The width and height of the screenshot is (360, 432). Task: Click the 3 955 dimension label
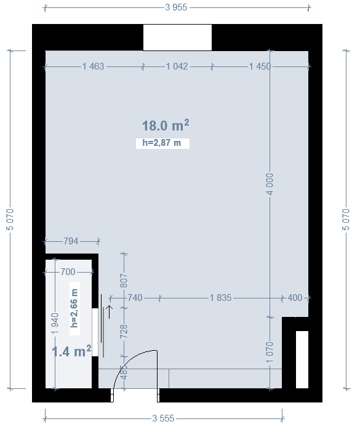176,7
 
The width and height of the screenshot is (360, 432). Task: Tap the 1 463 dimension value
94,66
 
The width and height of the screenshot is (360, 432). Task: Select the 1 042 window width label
177,66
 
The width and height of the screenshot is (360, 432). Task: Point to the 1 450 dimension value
260,66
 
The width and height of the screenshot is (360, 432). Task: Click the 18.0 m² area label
166,126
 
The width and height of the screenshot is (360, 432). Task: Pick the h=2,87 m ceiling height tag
162,143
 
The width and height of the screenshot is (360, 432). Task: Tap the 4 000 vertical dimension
270,184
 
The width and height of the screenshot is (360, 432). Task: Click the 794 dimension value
71,241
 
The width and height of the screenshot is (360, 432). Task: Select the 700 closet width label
68,272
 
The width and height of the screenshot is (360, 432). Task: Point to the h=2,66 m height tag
74,308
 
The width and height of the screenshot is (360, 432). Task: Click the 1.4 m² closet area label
71,351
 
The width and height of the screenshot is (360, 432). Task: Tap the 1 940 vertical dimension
55,323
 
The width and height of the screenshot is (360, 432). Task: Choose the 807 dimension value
124,281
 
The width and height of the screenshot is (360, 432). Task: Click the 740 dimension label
135,298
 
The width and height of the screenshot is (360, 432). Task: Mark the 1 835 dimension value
221,298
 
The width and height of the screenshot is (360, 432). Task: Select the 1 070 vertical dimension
270,353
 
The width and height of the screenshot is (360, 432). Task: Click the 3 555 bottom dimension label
163,418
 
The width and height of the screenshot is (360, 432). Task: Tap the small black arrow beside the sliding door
110,312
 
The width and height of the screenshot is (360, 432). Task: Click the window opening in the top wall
177,38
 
